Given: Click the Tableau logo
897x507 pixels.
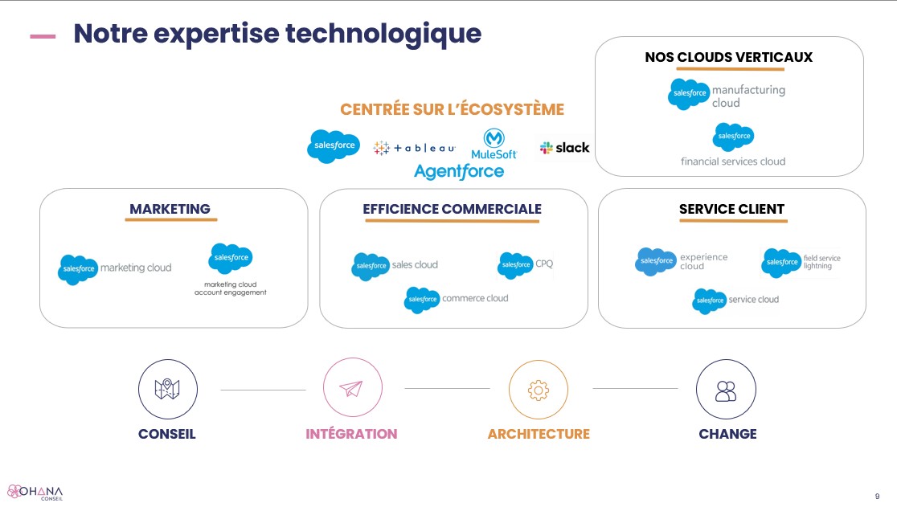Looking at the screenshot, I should click(x=415, y=148).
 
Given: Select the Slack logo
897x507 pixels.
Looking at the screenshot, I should click(x=564, y=148).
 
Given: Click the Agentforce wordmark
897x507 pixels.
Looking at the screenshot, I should click(x=459, y=171).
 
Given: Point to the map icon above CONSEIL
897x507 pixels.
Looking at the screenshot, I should click(x=168, y=389).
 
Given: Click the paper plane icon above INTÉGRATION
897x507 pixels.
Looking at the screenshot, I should click(x=352, y=389).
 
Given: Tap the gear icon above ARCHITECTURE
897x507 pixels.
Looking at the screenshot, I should click(x=538, y=390).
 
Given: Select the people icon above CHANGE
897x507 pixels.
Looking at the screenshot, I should click(x=726, y=390).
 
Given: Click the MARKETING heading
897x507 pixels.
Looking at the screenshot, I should click(x=170, y=209).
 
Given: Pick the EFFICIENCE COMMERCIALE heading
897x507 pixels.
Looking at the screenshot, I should click(x=452, y=209).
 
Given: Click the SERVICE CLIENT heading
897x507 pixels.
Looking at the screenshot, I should click(x=731, y=209).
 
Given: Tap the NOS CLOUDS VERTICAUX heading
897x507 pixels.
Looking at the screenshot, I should click(x=728, y=57).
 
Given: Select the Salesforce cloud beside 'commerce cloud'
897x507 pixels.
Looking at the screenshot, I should click(x=422, y=300).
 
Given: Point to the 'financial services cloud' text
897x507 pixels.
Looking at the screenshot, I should click(x=733, y=162).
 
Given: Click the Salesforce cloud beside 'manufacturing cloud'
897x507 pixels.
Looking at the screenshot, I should click(x=689, y=94).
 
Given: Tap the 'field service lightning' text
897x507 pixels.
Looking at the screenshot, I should click(x=821, y=262).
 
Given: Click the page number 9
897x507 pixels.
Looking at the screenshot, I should click(x=877, y=495).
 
